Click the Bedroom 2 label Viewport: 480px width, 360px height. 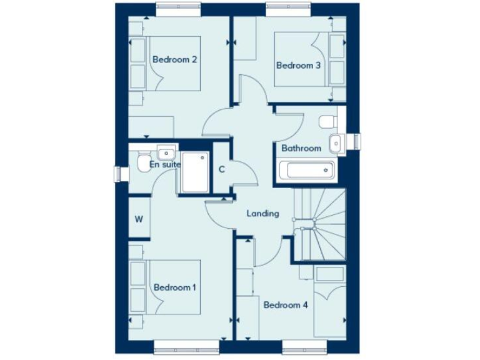(175, 60)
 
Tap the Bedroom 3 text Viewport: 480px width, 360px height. (298, 64)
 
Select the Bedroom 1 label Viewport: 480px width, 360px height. (175, 287)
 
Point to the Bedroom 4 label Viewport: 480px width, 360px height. (286, 305)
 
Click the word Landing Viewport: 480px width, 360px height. (262, 214)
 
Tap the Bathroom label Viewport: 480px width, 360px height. (301, 148)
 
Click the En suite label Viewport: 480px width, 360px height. (165, 164)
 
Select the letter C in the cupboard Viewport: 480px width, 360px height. (222, 169)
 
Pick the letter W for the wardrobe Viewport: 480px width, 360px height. (139, 219)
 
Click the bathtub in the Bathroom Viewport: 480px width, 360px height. (306, 169)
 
